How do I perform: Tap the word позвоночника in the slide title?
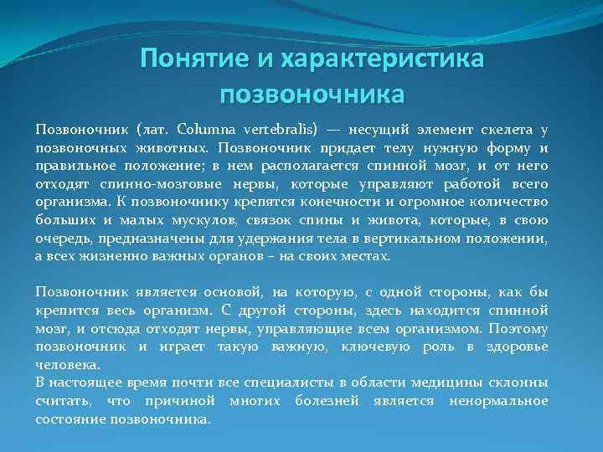pos(312,92)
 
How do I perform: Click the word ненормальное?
pos(498,401)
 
